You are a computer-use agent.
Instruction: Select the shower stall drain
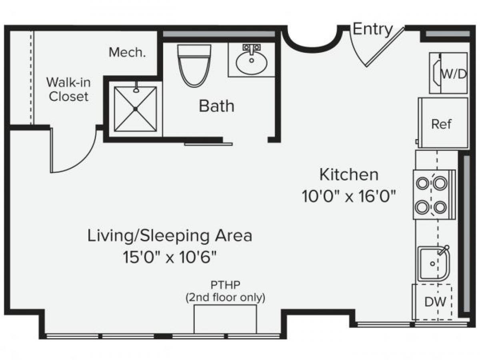pyautogui.click(x=136, y=109)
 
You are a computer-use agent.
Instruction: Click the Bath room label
pyautogui.click(x=216, y=106)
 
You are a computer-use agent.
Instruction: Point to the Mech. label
pyautogui.click(x=127, y=52)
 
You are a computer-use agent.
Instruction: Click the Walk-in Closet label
pyautogui.click(x=68, y=90)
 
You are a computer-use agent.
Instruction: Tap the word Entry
pyautogui.click(x=372, y=30)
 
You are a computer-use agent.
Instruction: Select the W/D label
pyautogui.click(x=454, y=74)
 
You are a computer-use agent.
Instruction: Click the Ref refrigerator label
pyautogui.click(x=441, y=124)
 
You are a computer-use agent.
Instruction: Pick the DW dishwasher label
pyautogui.click(x=435, y=302)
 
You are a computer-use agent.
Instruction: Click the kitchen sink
pyautogui.click(x=434, y=264)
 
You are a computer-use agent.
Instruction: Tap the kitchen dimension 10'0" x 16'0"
pyautogui.click(x=349, y=196)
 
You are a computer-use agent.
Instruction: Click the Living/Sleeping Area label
pyautogui.click(x=170, y=236)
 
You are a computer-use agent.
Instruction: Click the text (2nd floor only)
pyautogui.click(x=225, y=298)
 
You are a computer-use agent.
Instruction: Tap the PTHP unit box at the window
pyautogui.click(x=225, y=319)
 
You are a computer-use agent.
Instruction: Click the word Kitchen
pyautogui.click(x=349, y=175)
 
